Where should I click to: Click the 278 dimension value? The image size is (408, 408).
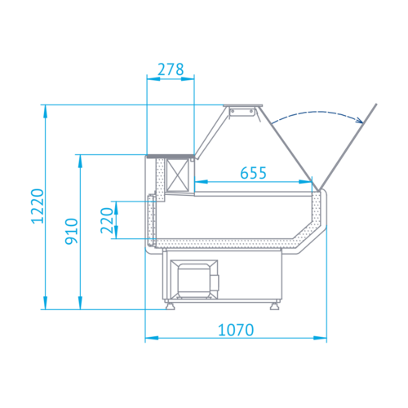point(171,69)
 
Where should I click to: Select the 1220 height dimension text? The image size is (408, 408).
point(38,206)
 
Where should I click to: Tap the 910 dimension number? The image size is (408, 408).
point(72,231)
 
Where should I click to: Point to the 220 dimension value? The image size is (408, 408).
point(107,220)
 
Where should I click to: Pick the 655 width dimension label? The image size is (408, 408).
point(253,173)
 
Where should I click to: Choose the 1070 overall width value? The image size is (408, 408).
point(236,330)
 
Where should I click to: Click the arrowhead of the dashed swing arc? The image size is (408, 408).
point(360,120)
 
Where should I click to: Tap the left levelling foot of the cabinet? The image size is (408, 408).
point(171,306)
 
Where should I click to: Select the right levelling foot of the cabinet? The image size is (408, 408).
point(274,306)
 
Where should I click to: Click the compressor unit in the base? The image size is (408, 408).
point(194,279)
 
